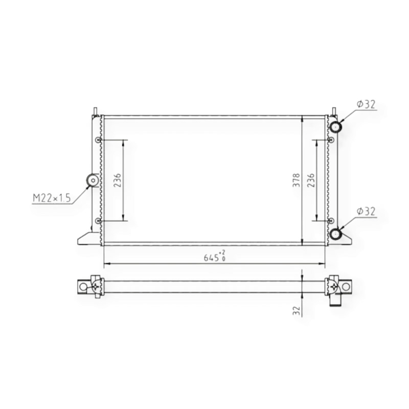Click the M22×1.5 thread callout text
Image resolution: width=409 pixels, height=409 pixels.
coord(52,198)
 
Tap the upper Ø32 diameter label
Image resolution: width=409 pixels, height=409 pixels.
coord(366,104)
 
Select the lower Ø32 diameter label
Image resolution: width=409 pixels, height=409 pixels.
coord(366,212)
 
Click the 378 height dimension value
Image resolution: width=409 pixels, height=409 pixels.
coord(297,180)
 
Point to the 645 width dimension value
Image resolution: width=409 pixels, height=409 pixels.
coord(211,258)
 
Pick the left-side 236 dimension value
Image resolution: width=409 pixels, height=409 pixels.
coord(118,180)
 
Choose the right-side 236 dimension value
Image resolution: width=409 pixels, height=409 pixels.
coord(311,180)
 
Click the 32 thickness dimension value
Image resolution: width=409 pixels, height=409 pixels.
coord(297,311)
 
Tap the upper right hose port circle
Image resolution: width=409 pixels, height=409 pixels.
coord(335,127)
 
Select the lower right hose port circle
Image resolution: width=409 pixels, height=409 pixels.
coord(335,234)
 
